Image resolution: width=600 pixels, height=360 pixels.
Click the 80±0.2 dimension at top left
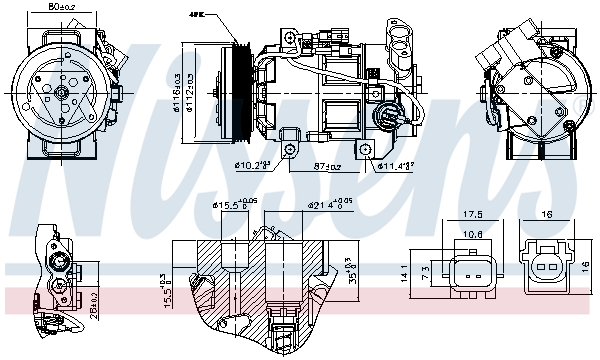point(61,8)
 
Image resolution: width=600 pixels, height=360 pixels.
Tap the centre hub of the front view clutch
point(61,93)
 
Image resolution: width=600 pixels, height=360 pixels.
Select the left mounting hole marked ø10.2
point(290,148)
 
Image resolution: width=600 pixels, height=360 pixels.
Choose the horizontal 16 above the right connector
point(547,214)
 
